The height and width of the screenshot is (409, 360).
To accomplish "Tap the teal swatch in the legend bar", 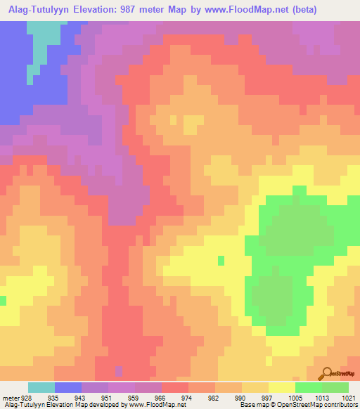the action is click(41, 387).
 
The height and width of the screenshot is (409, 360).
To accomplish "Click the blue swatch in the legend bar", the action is click(67, 387).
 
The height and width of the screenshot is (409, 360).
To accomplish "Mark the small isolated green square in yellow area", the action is click(220, 260).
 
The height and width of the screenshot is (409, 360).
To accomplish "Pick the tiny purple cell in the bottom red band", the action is click(118, 370).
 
